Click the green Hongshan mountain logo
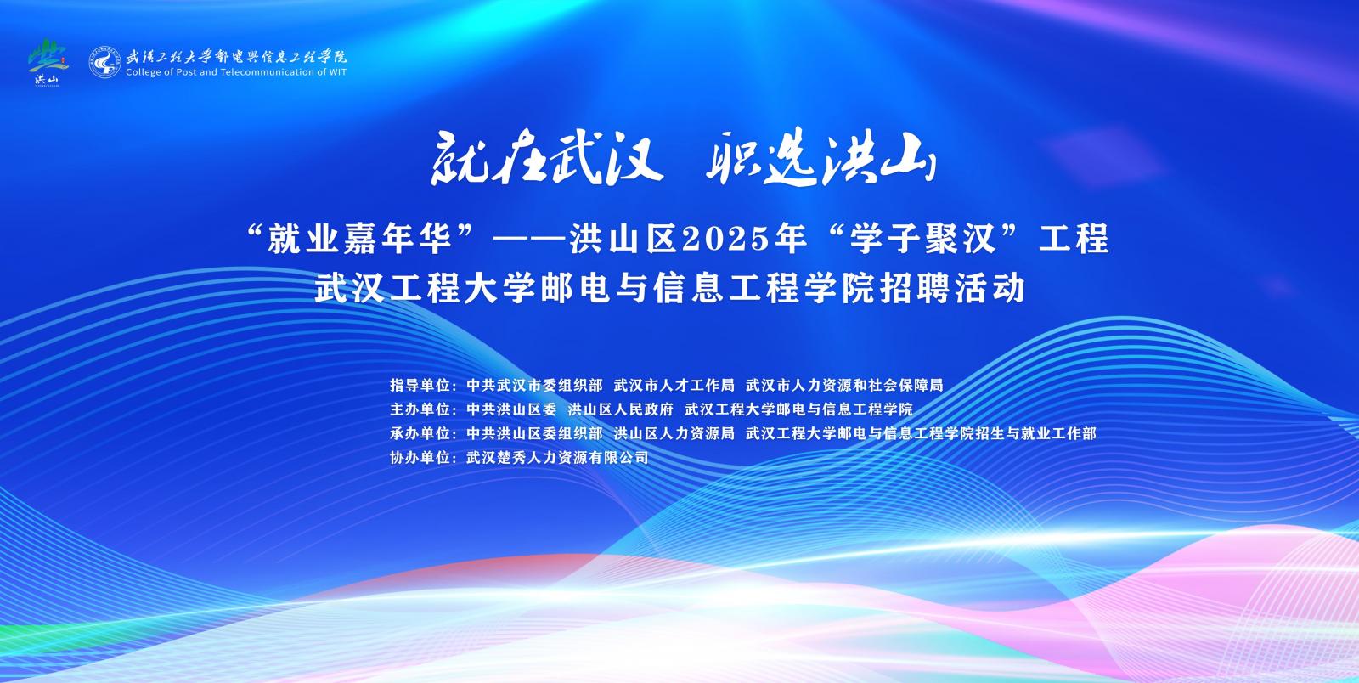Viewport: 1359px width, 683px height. (x=48, y=61)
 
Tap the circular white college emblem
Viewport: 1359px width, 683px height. (x=104, y=63)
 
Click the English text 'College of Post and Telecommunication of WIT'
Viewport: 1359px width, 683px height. (x=236, y=72)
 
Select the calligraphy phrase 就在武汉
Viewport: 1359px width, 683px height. (x=546, y=158)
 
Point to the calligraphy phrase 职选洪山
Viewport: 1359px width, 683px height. (x=820, y=158)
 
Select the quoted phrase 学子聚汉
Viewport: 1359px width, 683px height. (x=922, y=239)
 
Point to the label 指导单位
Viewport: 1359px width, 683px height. (x=420, y=385)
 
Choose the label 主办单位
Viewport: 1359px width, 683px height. (x=420, y=409)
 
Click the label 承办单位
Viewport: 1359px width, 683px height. (x=420, y=434)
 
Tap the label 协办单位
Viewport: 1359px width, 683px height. (x=420, y=458)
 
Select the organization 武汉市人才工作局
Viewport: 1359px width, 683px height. (x=674, y=385)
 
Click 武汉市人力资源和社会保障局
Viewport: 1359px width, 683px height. (x=844, y=385)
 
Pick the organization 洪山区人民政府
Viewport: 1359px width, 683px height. (x=621, y=409)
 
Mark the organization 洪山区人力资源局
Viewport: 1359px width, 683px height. (x=674, y=434)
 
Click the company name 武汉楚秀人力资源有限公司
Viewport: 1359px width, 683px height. (x=557, y=458)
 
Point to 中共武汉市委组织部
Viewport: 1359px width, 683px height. (x=534, y=385)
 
